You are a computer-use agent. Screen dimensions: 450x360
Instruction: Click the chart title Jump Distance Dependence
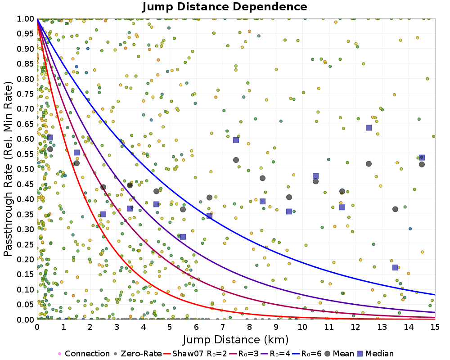click(225, 7)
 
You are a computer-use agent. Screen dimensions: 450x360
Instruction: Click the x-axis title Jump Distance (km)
click(236, 340)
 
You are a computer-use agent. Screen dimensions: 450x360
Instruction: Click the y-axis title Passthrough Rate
click(8, 169)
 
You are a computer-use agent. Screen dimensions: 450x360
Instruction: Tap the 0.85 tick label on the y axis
click(26, 64)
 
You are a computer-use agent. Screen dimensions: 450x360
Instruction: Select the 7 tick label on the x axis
click(223, 327)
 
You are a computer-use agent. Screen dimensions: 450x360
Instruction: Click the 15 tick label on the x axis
click(435, 327)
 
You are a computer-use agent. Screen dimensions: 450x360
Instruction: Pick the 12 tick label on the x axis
click(355, 327)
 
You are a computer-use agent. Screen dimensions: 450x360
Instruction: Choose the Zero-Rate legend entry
click(137, 353)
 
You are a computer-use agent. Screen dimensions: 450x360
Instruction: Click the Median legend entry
click(375, 353)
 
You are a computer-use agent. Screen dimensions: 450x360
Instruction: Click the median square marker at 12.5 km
click(369, 127)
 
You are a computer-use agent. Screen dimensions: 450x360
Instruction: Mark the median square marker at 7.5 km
click(236, 140)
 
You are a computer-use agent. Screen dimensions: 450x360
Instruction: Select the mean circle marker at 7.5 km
click(236, 160)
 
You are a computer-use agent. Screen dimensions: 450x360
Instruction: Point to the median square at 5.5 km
click(183, 237)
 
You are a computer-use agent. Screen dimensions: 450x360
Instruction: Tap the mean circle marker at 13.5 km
click(395, 209)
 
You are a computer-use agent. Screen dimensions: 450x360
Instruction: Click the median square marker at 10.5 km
click(316, 176)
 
